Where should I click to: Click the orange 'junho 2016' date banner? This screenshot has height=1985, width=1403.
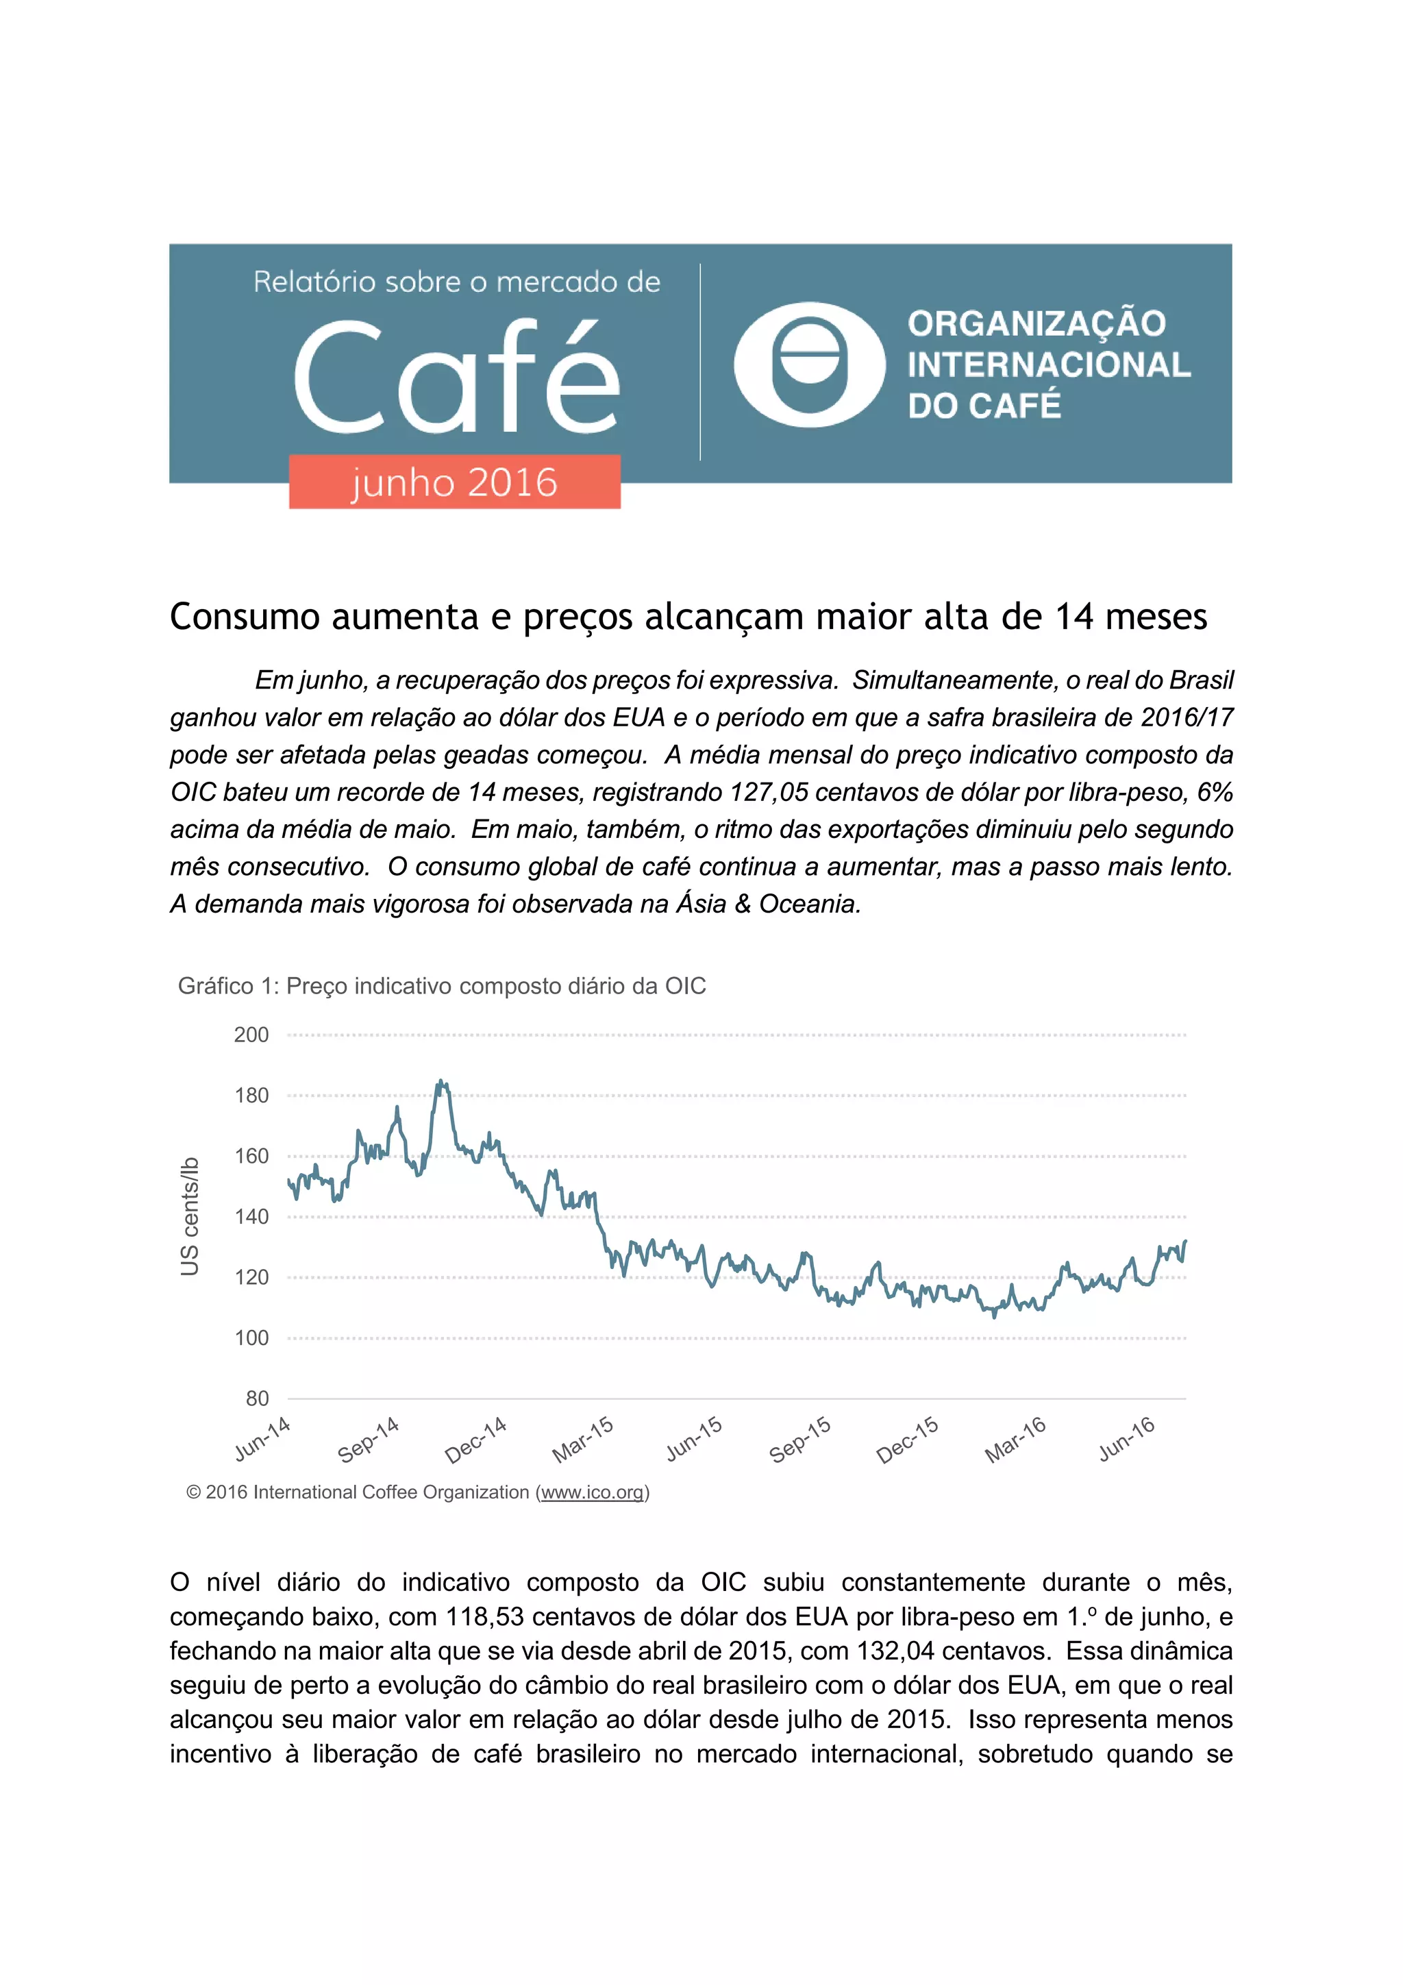point(455,482)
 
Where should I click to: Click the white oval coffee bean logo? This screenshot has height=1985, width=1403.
point(809,364)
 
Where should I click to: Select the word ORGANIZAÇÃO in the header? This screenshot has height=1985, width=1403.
point(1036,323)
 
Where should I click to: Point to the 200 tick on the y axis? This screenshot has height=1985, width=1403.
point(251,1035)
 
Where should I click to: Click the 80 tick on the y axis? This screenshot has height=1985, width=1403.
point(257,1398)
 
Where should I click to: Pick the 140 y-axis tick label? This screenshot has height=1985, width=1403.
point(251,1216)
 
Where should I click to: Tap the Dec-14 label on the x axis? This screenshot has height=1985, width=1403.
point(475,1441)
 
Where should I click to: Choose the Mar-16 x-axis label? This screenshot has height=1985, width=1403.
point(1016,1440)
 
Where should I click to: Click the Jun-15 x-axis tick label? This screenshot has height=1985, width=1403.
point(693,1440)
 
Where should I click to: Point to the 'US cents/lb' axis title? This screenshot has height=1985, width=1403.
point(189,1216)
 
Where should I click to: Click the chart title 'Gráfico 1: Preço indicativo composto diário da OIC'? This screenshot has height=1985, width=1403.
point(442,987)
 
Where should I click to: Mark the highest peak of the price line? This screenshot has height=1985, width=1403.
point(441,1081)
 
